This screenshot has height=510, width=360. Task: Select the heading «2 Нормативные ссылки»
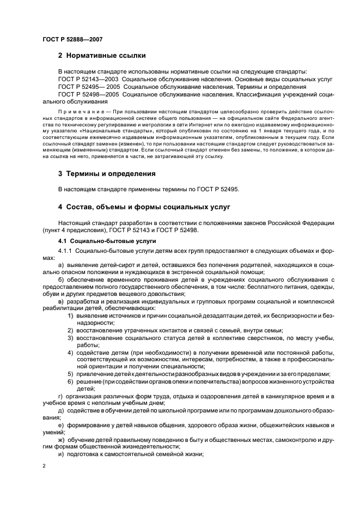point(102,56)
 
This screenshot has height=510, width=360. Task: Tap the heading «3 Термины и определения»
point(107,174)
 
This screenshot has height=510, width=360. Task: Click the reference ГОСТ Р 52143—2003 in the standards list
point(84,79)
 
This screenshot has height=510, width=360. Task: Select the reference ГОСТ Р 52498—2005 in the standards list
point(84,94)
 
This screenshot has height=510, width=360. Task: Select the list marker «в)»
point(61,300)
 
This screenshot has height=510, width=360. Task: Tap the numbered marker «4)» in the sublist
point(71,353)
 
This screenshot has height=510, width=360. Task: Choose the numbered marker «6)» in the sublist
point(71,381)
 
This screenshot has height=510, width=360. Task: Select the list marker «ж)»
point(62,439)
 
